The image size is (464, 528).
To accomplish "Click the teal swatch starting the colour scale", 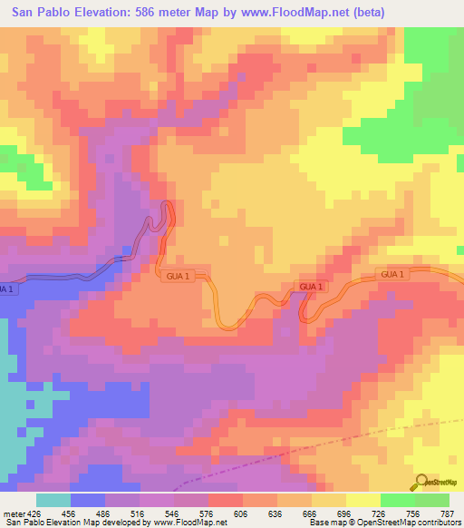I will [x=53, y=500].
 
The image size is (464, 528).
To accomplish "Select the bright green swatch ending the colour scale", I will [x=432, y=500].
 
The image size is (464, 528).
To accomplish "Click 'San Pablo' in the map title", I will [x=42, y=13].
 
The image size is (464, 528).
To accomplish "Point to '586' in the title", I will [x=146, y=13].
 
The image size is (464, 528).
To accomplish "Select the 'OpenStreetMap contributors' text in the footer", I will [x=398, y=523].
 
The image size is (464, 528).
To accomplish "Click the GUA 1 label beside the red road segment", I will [x=311, y=287].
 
